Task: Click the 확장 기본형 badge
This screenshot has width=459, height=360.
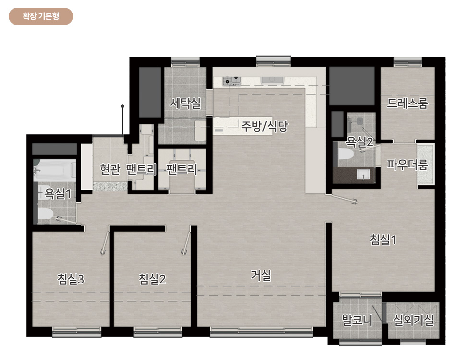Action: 41,16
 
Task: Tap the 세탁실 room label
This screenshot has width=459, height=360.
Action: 185,103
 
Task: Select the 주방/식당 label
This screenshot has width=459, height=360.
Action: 264,127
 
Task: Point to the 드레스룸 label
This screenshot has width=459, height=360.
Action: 407,103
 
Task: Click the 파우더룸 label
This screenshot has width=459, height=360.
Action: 407,165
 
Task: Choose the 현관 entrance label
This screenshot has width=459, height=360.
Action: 110,169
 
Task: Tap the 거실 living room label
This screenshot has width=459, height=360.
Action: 261,275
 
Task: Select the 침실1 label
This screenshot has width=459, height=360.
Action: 383,239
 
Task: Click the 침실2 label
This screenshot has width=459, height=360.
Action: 152,279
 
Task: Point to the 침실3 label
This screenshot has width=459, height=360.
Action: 71,279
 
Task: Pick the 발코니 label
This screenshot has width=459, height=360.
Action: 357,320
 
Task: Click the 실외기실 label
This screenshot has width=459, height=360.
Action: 413,320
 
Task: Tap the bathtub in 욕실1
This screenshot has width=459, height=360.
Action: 54,170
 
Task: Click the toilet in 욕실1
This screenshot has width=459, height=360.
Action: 46,213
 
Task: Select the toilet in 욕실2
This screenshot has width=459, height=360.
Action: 345,154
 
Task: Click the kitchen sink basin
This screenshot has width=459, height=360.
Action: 272,80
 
